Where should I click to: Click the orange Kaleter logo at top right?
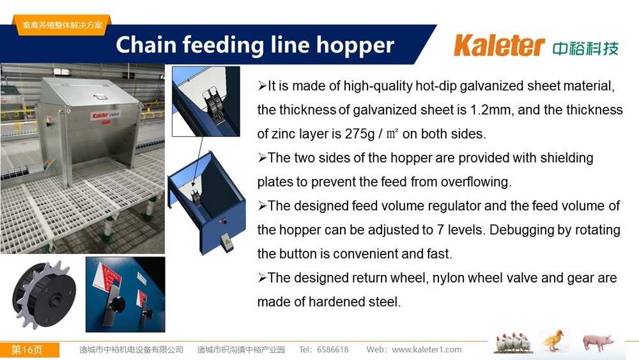tap(499, 45)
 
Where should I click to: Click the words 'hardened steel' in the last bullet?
tap(352, 302)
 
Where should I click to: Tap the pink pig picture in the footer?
tap(597, 341)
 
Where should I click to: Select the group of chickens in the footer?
tap(512, 343)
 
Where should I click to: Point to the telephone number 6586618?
tap(332, 349)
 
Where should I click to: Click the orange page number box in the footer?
tap(30, 350)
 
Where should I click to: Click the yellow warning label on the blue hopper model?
tap(226, 242)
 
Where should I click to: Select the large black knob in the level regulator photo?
tap(116, 304)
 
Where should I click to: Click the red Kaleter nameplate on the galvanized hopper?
tap(105, 116)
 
